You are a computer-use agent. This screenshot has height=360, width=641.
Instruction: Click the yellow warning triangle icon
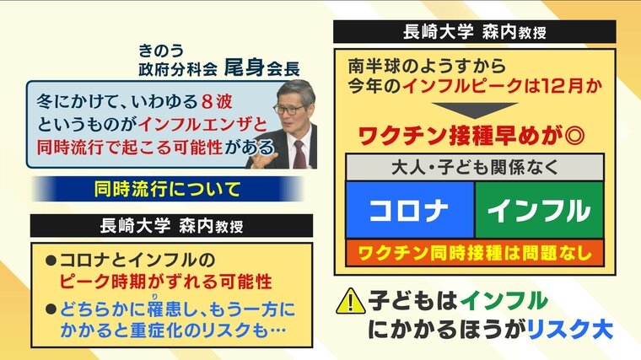tap(351, 302)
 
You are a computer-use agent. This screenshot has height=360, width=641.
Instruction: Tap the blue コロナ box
tap(410, 210)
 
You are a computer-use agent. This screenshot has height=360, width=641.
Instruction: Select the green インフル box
tap(539, 210)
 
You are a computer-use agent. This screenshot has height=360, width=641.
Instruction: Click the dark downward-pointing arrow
tap(475, 110)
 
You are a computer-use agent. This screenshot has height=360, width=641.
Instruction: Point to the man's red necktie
tap(299, 154)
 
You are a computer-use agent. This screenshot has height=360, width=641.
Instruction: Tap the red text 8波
tap(217, 102)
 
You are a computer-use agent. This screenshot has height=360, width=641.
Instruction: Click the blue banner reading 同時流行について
tap(168, 189)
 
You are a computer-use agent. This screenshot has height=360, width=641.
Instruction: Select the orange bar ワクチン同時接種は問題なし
tap(475, 253)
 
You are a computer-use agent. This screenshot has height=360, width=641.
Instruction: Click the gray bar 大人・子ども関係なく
tap(475, 168)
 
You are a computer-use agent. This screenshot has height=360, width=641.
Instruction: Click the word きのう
tap(160, 51)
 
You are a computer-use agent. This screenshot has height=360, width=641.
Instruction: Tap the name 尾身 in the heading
tap(245, 67)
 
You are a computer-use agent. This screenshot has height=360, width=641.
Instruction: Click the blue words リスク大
tap(570, 330)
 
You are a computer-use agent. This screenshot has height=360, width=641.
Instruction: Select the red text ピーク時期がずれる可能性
tap(166, 282)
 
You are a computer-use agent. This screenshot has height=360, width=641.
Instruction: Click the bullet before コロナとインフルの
tap(51, 261)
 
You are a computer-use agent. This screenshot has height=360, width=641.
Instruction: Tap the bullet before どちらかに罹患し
tap(51, 309)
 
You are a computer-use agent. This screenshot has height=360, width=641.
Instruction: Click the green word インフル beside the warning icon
tap(504, 301)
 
